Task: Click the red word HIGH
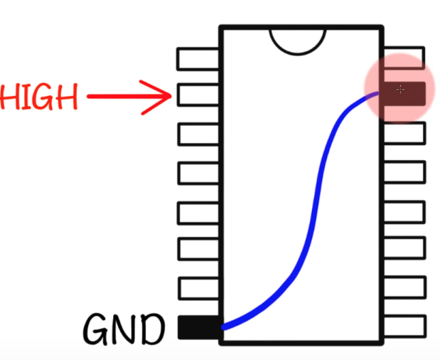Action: click(38, 96)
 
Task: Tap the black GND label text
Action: click(124, 329)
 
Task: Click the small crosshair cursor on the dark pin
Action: click(400, 90)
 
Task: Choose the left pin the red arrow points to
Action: click(198, 95)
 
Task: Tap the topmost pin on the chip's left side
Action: click(198, 59)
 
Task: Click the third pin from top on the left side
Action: click(198, 134)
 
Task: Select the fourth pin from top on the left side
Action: click(198, 173)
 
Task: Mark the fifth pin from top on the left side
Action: click(198, 213)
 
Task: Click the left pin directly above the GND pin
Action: click(198, 288)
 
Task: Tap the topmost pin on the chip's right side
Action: click(404, 58)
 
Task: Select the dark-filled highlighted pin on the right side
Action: click(404, 94)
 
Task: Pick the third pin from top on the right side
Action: click(404, 133)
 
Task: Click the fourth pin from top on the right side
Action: click(404, 172)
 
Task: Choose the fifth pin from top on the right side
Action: click(404, 212)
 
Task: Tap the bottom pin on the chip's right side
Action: click(405, 326)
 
